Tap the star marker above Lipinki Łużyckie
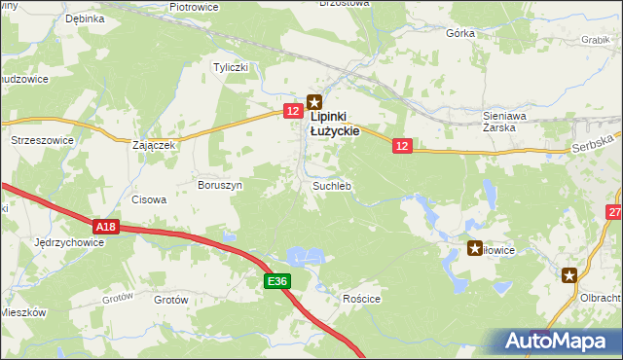(314, 99)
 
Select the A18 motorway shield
(107, 227)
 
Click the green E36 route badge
(278, 281)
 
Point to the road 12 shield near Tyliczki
(293, 112)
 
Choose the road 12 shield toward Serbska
(404, 145)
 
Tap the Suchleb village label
(331, 185)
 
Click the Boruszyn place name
(220, 184)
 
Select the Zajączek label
(153, 145)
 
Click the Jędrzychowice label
(69, 242)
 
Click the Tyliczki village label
(233, 67)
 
